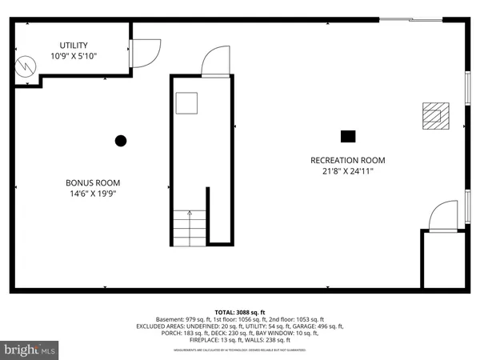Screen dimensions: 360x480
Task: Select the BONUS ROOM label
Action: [93, 182]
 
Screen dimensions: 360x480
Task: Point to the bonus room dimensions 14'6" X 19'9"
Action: [93, 193]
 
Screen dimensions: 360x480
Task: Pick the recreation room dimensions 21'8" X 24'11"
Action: [342, 170]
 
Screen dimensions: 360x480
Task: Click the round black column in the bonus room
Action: [121, 141]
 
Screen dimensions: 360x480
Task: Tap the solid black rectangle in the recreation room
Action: [347, 135]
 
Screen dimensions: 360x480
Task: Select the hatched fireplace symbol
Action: [434, 116]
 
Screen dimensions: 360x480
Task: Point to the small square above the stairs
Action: [187, 102]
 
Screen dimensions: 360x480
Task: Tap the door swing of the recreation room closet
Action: [443, 217]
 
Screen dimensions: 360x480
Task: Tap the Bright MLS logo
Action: [30, 350]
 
